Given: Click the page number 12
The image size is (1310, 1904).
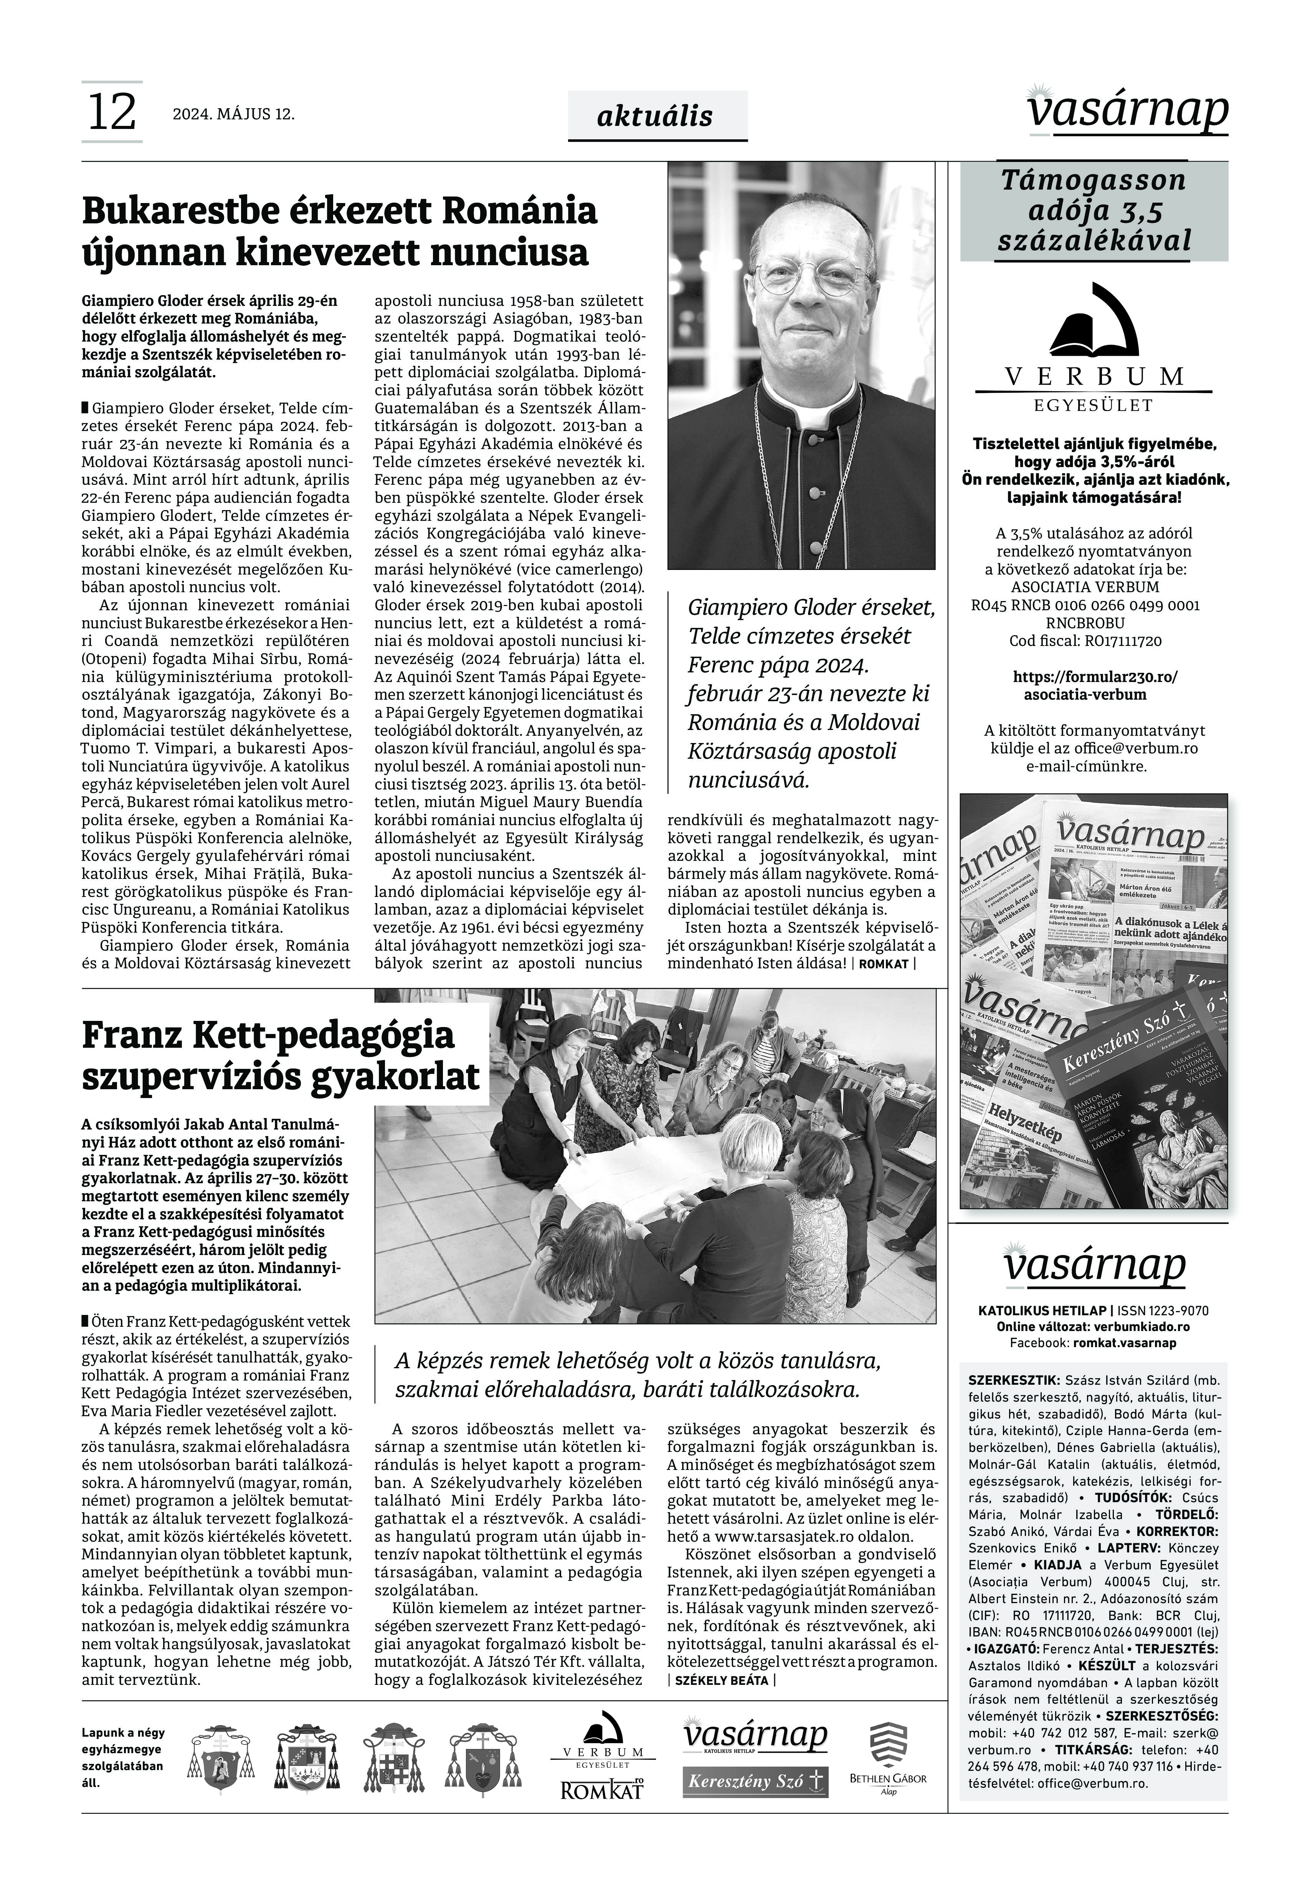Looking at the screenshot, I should [x=112, y=112].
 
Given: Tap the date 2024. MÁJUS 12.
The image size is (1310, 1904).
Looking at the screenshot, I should [x=233, y=114].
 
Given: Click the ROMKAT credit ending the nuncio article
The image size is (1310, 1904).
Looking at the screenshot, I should [x=884, y=964].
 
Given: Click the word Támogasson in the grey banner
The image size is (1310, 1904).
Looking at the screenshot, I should [x=1093, y=180].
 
